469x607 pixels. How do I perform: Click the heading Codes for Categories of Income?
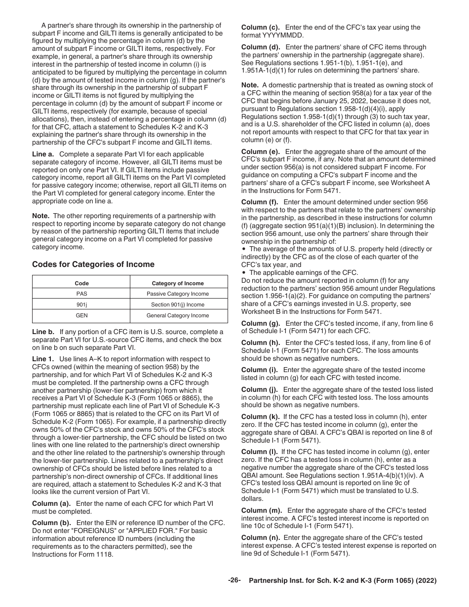pyautogui.click(x=93, y=265)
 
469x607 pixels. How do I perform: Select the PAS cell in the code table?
pyautogui.click(x=81, y=294)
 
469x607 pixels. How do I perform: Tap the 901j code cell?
pyautogui.click(x=81, y=304)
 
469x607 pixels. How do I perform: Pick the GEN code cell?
pyautogui.click(x=81, y=315)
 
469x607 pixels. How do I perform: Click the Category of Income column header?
pyautogui.click(x=178, y=283)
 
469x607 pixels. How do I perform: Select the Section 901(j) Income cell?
pyautogui.click(x=178, y=304)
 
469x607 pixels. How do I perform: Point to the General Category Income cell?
pyautogui.click(x=178, y=315)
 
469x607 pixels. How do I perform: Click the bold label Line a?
pyautogui.click(x=43, y=154)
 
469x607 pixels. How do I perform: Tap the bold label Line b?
pyautogui.click(x=43, y=332)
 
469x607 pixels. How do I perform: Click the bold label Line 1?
pyautogui.click(x=43, y=359)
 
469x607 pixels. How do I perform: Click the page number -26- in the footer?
pyautogui.click(x=234, y=581)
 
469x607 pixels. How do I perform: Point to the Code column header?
pyautogui.click(x=81, y=283)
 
